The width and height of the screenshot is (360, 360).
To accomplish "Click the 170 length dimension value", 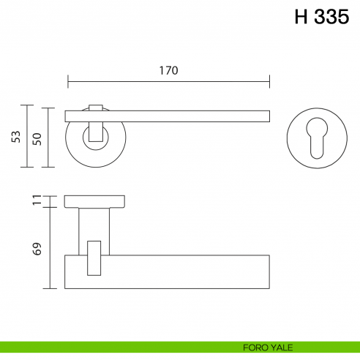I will [168, 70].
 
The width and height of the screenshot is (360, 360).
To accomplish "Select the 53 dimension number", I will [16, 137].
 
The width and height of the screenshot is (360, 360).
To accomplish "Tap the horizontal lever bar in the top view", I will [190, 115].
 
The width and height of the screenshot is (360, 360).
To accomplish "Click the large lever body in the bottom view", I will [183, 271].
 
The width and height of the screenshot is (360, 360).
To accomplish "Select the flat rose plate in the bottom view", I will [96, 201].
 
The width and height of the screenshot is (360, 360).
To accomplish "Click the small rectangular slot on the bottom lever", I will [94, 258].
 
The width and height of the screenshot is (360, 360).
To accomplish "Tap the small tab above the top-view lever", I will [96, 106].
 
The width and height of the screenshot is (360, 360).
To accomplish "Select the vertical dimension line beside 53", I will [28, 137].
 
